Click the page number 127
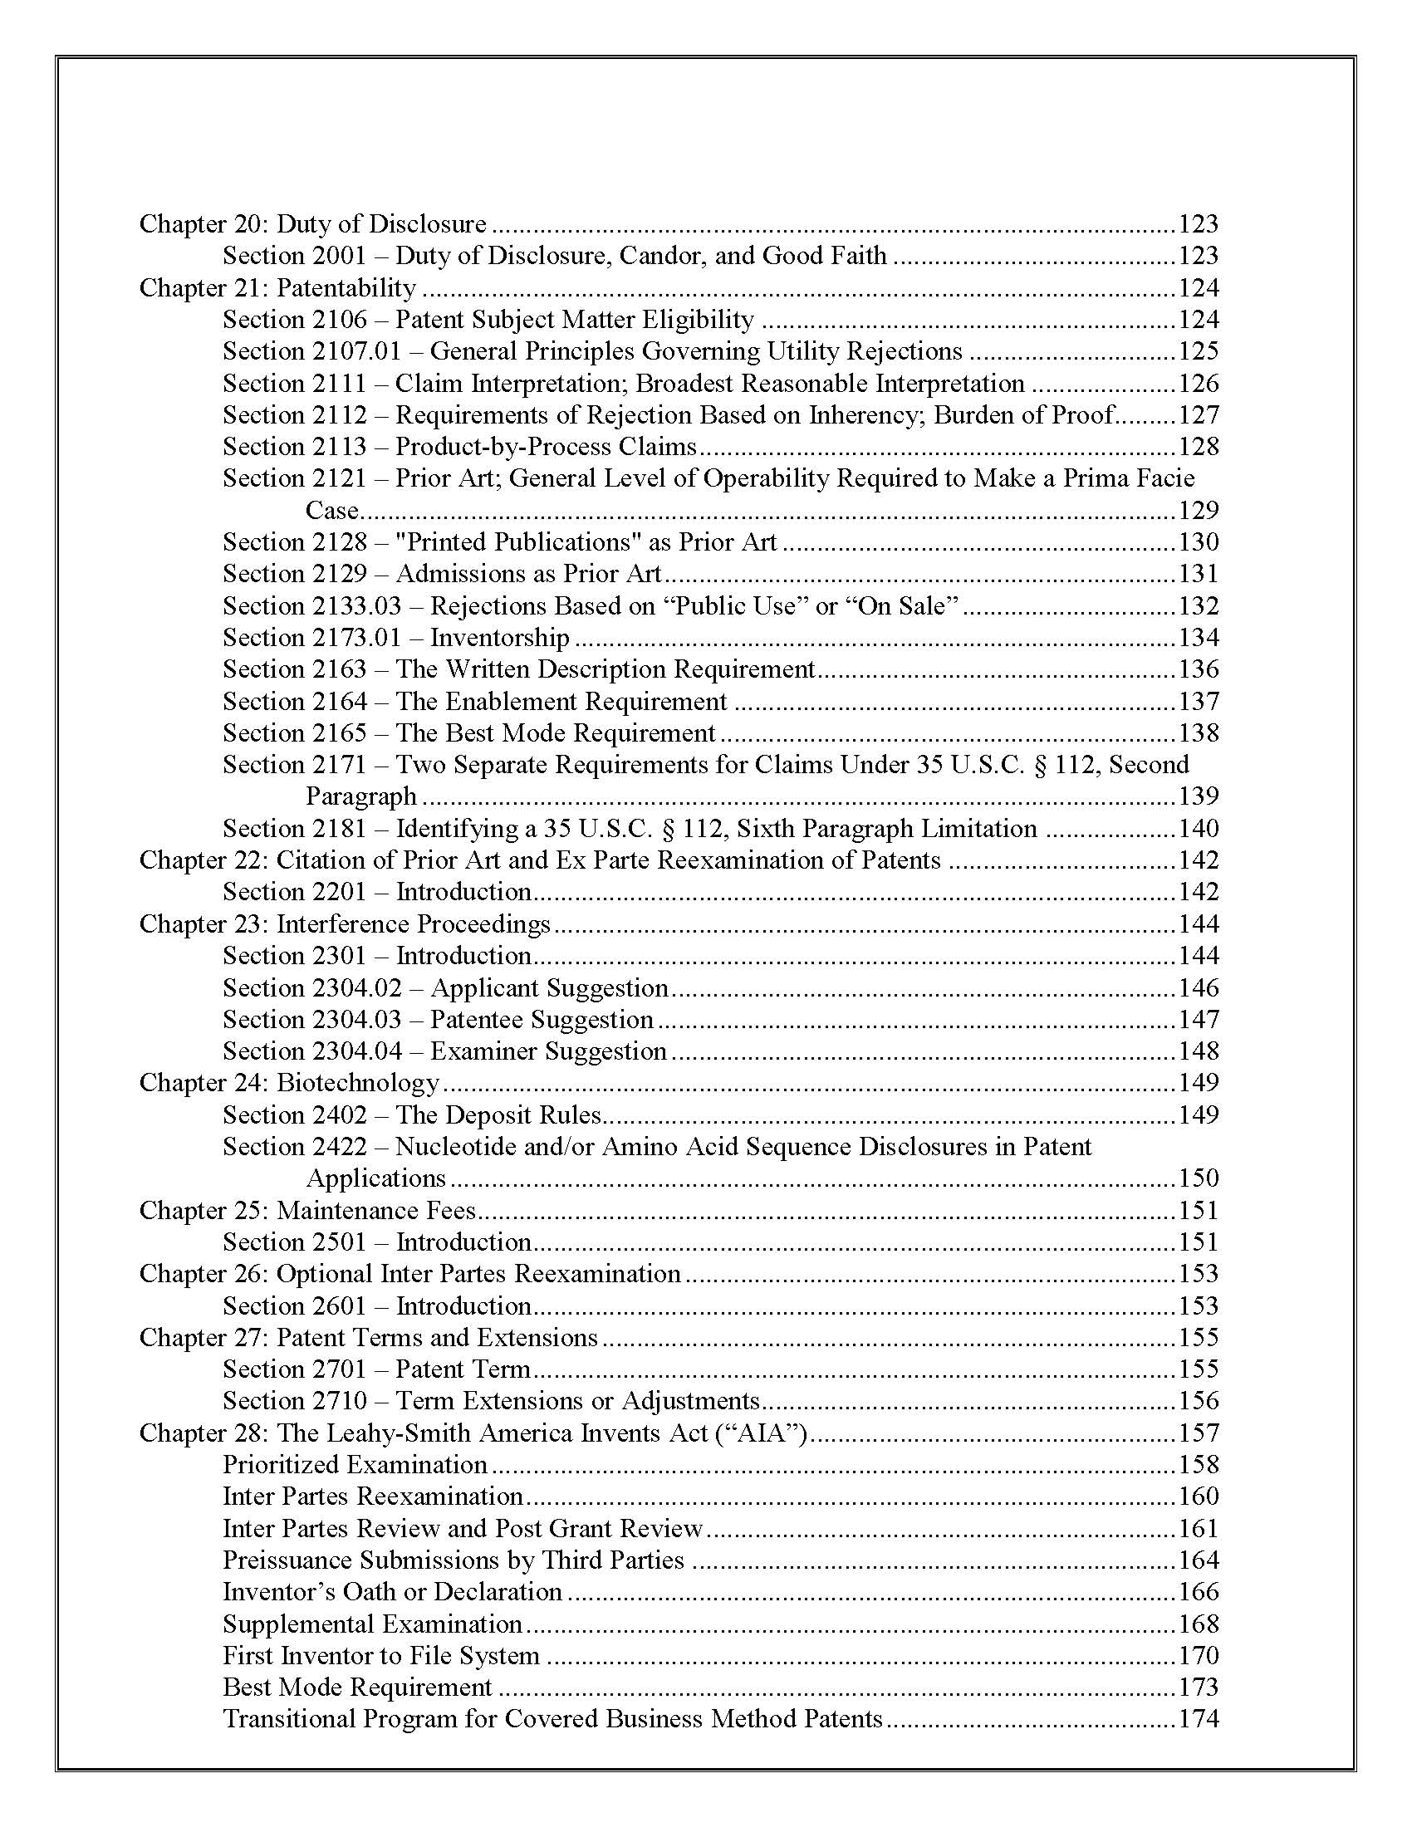click(x=1198, y=415)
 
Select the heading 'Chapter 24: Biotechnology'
click(x=289, y=1082)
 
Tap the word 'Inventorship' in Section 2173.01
click(x=499, y=638)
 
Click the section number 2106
click(x=340, y=320)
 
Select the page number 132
click(x=1198, y=605)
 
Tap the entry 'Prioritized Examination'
click(x=355, y=1465)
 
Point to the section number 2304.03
click(x=357, y=1020)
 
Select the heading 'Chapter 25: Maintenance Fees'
click(x=307, y=1211)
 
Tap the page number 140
click(x=1198, y=829)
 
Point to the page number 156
click(x=1198, y=1401)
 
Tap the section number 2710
click(x=340, y=1401)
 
